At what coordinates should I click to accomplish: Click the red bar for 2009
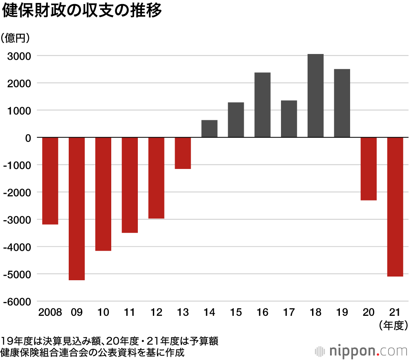point(76,209)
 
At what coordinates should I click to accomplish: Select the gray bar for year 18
point(315,96)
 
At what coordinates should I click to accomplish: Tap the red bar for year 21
point(395,207)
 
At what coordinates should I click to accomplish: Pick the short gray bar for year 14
point(209,129)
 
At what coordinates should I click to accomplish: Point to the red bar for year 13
point(183,153)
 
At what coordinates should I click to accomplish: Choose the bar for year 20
point(369,169)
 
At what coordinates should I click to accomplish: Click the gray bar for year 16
point(262,105)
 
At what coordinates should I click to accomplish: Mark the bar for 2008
point(50,181)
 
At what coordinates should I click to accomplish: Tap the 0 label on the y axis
point(28,138)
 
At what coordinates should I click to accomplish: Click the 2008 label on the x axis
point(50,313)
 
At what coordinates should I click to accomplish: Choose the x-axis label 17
point(289,313)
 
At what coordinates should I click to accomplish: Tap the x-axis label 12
point(156,313)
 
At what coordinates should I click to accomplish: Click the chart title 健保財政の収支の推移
point(82,11)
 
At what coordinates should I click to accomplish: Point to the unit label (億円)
point(16,38)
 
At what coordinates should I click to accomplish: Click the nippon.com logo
point(362,351)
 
